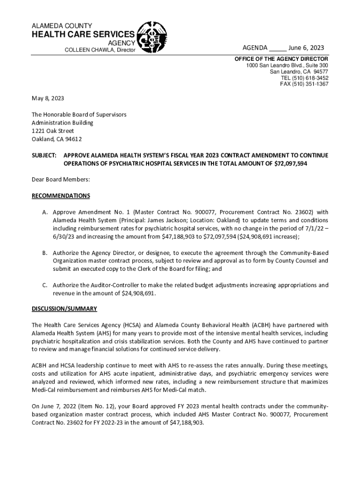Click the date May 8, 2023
(x=48, y=99)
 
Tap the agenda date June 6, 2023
(x=306, y=49)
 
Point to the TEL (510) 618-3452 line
(x=304, y=78)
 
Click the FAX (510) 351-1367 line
(x=304, y=84)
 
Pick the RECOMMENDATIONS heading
(x=61, y=196)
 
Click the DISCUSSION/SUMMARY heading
(x=64, y=309)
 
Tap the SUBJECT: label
(x=44, y=155)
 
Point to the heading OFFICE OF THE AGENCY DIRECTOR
(x=281, y=59)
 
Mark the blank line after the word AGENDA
(x=278, y=49)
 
